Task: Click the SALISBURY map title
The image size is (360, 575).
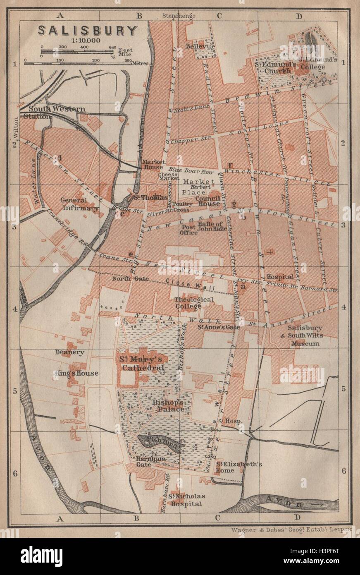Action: tap(88, 31)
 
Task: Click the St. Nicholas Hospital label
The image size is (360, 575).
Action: tap(186, 500)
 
